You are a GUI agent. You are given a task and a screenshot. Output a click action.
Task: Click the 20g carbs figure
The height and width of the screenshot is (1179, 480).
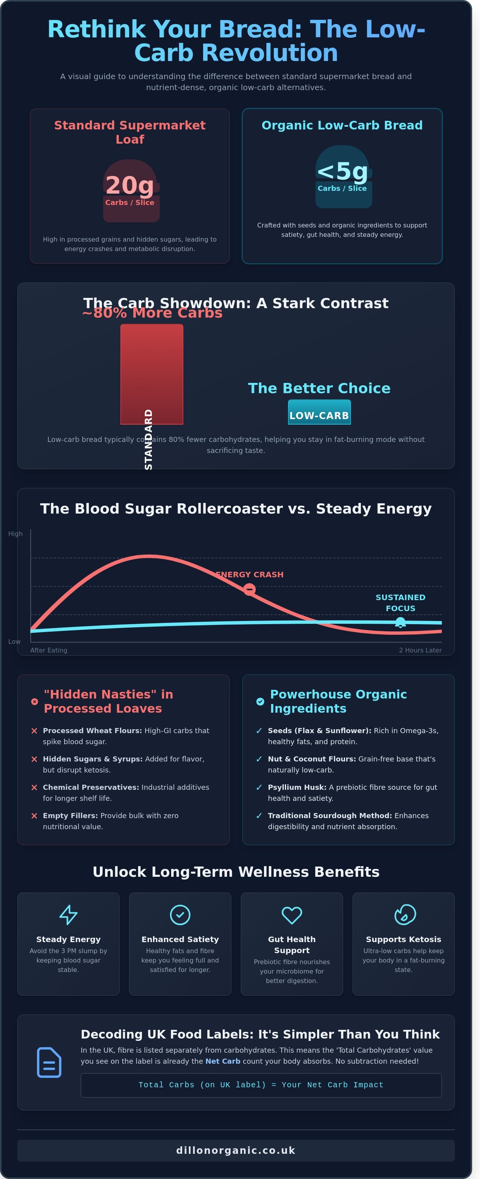pos(130,185)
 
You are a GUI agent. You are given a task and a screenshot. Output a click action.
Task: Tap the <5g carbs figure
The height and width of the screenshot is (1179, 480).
pos(342,171)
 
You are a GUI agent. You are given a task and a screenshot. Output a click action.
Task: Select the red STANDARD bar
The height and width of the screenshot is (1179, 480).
pos(151,374)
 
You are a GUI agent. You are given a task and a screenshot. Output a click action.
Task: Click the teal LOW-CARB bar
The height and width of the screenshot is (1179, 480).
pos(319,412)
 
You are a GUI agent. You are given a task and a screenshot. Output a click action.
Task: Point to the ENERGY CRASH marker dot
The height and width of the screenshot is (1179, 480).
pos(249,589)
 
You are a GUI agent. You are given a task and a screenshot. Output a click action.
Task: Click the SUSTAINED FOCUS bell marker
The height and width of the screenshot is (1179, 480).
pos(401,623)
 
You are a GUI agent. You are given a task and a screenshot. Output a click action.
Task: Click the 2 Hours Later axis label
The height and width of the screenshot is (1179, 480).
pos(420,650)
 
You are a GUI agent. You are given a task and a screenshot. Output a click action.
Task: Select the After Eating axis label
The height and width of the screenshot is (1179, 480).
pos(48,650)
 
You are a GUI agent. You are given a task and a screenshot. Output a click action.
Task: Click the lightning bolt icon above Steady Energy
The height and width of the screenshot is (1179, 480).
pos(68,915)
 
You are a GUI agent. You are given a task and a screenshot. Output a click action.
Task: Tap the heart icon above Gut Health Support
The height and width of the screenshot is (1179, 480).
pos(292,915)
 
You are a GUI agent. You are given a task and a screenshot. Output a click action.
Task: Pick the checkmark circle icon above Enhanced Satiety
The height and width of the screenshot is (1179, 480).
pos(180,915)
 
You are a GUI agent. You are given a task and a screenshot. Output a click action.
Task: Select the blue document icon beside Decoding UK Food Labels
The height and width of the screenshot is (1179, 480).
pos(49,1062)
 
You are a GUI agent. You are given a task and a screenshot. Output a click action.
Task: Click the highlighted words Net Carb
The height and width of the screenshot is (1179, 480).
pos(223,1061)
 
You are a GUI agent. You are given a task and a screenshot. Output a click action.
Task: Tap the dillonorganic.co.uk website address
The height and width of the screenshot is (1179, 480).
pos(236,1150)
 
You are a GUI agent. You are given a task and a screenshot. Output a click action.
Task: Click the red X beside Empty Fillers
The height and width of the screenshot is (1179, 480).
pos(34,816)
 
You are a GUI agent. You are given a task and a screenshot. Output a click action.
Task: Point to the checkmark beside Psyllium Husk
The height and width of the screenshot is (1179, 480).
pos(259,787)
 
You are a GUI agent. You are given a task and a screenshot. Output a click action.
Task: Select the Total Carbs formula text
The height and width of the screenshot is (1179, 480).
pos(261,1085)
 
